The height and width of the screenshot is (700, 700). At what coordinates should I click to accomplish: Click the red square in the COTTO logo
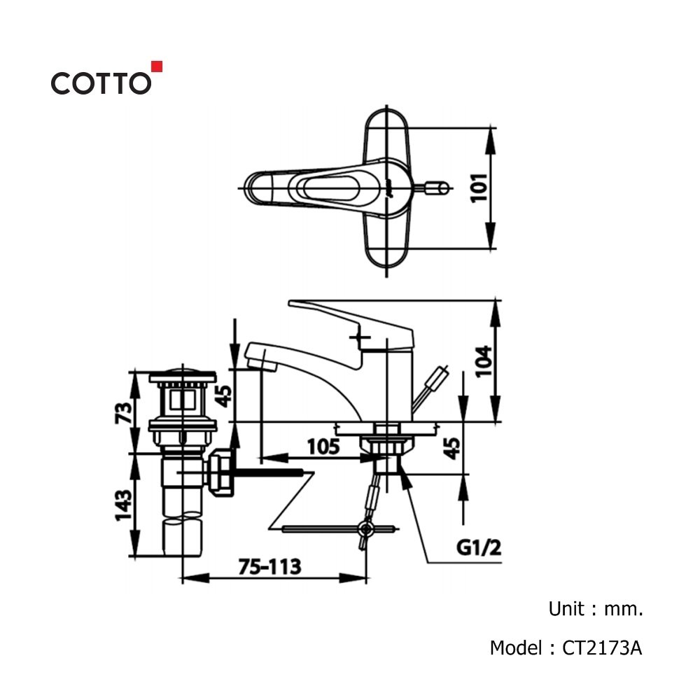coord(157,66)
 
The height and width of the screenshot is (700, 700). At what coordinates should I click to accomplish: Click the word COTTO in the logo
coord(101,83)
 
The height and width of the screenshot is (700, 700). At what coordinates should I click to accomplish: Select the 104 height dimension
coord(483,362)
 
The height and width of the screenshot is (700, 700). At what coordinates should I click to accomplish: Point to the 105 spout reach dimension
coord(323,447)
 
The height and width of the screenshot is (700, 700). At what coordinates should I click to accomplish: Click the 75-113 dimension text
coord(269,566)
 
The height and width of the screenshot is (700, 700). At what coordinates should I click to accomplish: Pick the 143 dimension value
coord(123,505)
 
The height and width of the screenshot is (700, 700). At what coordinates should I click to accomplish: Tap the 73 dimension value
coord(123,413)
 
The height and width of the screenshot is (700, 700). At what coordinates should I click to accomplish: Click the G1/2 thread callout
coord(479,547)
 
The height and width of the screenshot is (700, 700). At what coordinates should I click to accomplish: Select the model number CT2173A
coord(602,647)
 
